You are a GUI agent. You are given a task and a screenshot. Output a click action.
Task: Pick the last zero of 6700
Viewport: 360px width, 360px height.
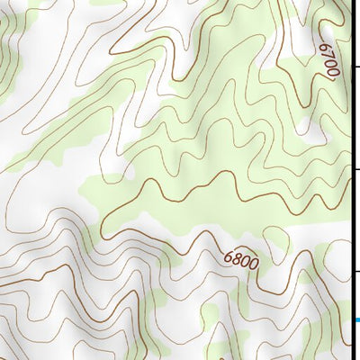point(330,76)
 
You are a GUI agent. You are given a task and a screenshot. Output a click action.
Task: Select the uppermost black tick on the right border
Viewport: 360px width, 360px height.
point(356,67)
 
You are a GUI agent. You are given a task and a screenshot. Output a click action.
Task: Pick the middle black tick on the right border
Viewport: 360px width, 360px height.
point(356,169)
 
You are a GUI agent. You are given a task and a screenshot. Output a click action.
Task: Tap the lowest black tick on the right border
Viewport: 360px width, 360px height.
point(356,271)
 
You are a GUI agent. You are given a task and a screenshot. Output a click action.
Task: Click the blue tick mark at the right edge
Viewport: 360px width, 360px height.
point(356,320)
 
